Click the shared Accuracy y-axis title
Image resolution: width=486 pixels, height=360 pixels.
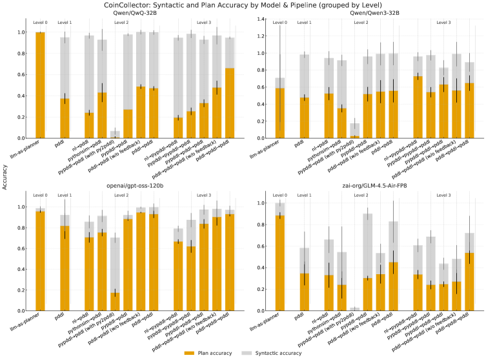point(5,183)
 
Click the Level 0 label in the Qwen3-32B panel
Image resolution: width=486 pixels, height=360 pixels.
point(279,23)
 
